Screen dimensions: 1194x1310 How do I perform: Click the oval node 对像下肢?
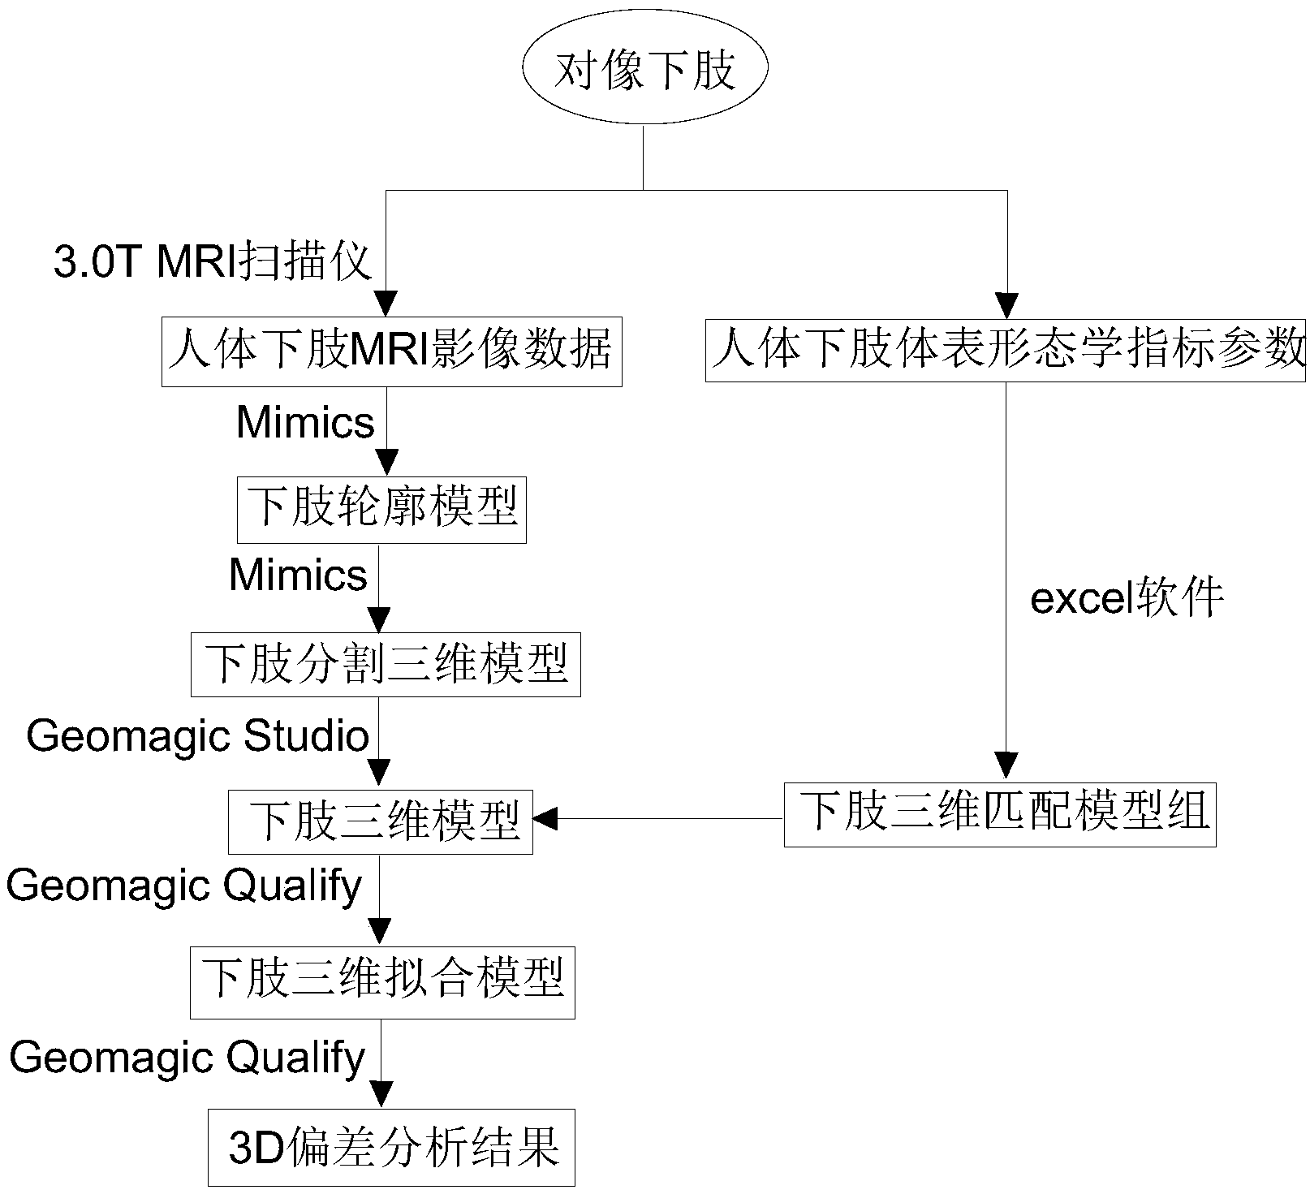click(x=644, y=70)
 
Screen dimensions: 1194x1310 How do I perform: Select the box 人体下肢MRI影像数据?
click(x=391, y=351)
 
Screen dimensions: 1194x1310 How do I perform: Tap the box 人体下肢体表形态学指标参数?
click(x=1006, y=351)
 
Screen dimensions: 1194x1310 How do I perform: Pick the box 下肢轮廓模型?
click(x=381, y=509)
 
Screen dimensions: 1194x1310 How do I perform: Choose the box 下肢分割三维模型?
click(x=386, y=665)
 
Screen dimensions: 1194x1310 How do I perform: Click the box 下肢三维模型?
click(x=380, y=821)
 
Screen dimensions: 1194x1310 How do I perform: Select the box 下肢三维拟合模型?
click(x=382, y=981)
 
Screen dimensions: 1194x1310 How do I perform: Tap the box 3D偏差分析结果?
click(x=391, y=1147)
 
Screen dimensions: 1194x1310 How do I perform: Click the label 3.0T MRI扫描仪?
click(x=213, y=261)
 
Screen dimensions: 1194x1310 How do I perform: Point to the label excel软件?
click(x=1127, y=599)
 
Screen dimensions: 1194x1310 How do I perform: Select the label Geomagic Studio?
click(x=197, y=736)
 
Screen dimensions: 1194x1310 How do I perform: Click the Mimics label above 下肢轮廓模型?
click(x=305, y=422)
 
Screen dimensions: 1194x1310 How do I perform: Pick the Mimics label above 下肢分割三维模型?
click(x=298, y=575)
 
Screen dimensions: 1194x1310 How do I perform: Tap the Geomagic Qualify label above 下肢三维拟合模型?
click(x=184, y=886)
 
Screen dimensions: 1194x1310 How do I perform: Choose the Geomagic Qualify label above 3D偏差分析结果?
click(x=187, y=1058)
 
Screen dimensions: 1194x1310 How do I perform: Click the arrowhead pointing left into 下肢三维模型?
click(x=544, y=819)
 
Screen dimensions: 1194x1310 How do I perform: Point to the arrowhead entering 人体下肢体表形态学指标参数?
click(x=1007, y=306)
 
